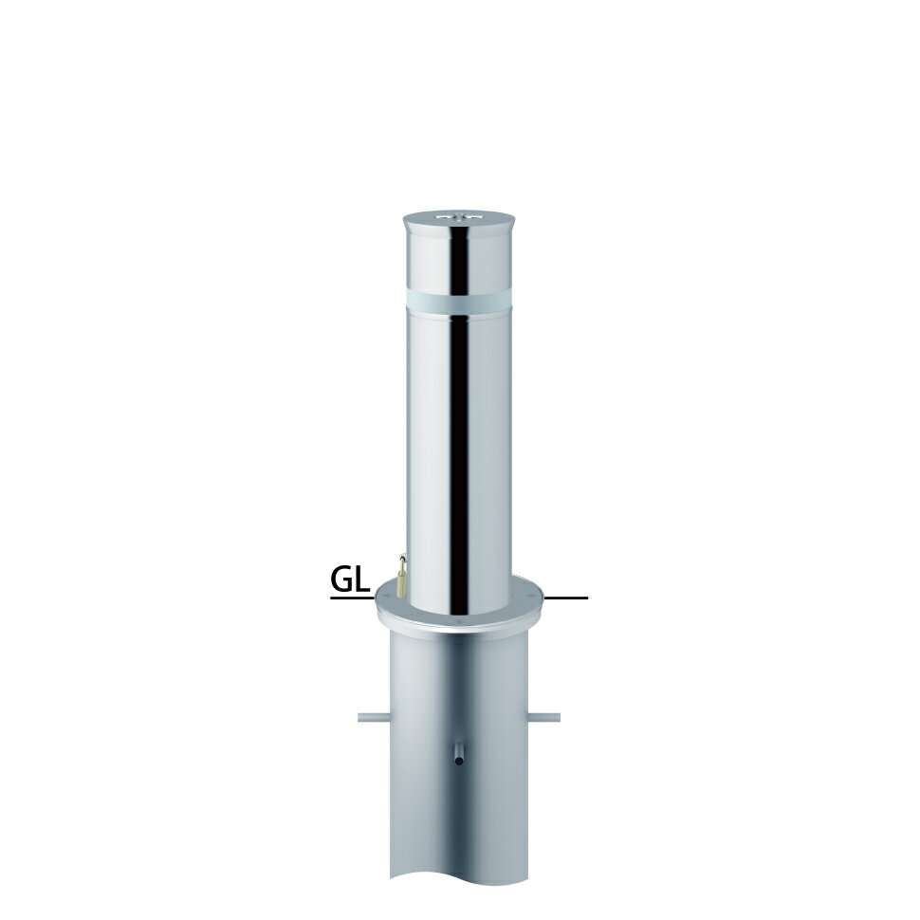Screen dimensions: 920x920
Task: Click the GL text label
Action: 350,580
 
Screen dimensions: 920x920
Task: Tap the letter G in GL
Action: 342,580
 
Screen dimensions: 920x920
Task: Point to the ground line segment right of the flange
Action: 566,598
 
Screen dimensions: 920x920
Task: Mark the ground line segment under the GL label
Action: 353,598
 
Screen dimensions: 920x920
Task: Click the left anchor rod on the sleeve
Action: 373,717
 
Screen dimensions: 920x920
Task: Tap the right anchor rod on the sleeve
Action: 544,717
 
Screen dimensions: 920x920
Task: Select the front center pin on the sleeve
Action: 459,753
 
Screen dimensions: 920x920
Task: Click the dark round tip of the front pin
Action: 459,762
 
